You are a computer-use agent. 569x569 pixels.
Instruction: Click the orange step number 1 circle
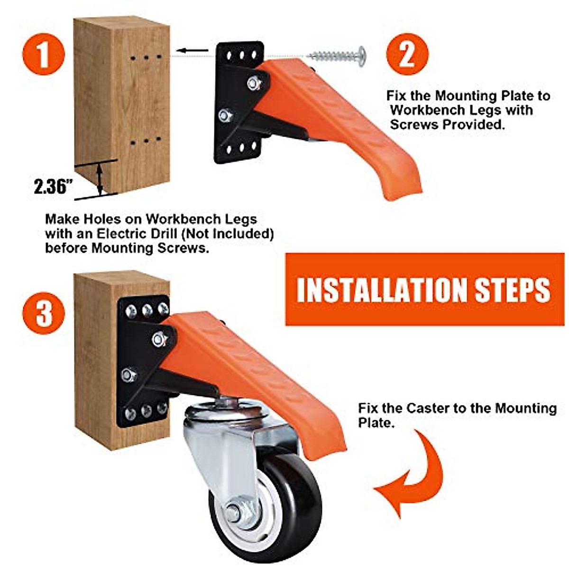[43, 54]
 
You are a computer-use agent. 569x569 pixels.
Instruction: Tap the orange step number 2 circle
[406, 54]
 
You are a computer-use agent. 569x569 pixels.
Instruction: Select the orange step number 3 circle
[43, 313]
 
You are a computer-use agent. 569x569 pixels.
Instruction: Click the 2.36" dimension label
[51, 186]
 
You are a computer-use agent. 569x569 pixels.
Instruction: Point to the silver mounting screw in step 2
[338, 56]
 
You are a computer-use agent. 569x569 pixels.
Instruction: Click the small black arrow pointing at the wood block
[192, 50]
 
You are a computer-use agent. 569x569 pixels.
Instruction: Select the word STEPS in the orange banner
[512, 289]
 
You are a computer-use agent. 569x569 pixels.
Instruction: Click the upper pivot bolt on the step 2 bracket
[254, 83]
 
